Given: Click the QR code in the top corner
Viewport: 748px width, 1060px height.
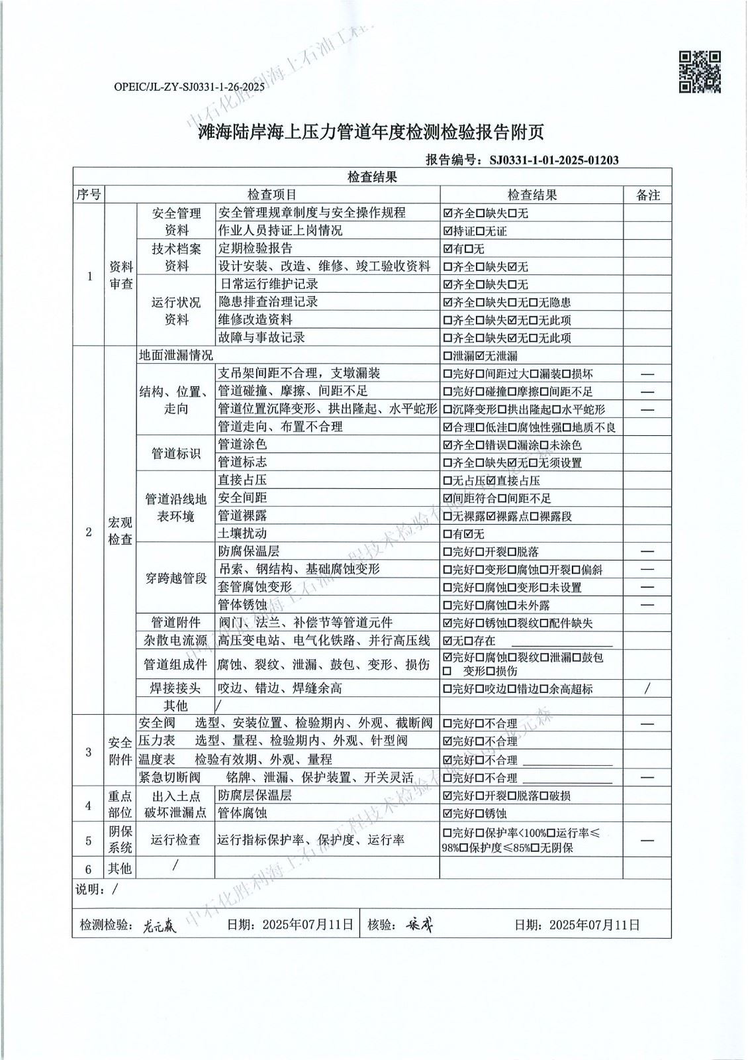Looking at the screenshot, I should point(700,72).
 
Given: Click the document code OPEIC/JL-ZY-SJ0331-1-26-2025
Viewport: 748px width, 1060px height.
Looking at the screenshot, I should point(189,87).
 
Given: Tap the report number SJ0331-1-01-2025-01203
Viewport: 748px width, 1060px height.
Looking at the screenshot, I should point(553,160).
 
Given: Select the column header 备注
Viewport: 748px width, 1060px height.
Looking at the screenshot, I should point(647,195).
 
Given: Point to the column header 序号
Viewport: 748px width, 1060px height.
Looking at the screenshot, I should point(89,195).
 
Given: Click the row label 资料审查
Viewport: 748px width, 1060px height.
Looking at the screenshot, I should point(121,275).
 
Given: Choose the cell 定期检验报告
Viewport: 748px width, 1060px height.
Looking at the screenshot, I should point(256,248).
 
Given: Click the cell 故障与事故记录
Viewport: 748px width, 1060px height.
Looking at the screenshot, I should point(261,337).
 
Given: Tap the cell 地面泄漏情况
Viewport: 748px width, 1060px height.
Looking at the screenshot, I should point(176,356).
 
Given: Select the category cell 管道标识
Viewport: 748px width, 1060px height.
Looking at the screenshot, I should point(175,454).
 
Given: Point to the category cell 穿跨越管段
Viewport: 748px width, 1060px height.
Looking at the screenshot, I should point(175,578).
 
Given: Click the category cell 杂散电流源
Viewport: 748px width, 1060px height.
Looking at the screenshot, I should point(175,641).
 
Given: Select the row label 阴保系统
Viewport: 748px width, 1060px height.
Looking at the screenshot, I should point(120,840).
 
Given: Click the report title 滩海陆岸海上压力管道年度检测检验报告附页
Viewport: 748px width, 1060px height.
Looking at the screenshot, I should point(371,132).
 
